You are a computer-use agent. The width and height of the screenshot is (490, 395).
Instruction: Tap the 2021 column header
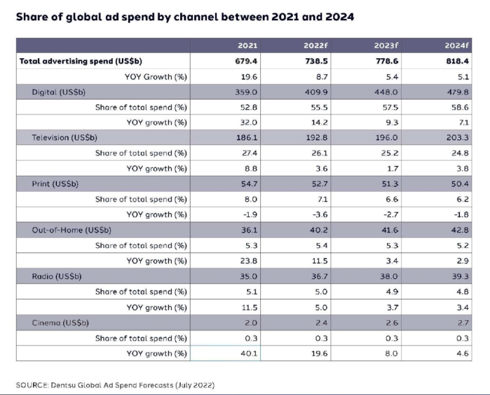(247, 46)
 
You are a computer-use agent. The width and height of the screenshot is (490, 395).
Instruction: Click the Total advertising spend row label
(81, 61)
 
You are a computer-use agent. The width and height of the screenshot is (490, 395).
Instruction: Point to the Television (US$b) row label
(62, 138)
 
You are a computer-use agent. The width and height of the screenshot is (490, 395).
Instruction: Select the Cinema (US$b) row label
(58, 322)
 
